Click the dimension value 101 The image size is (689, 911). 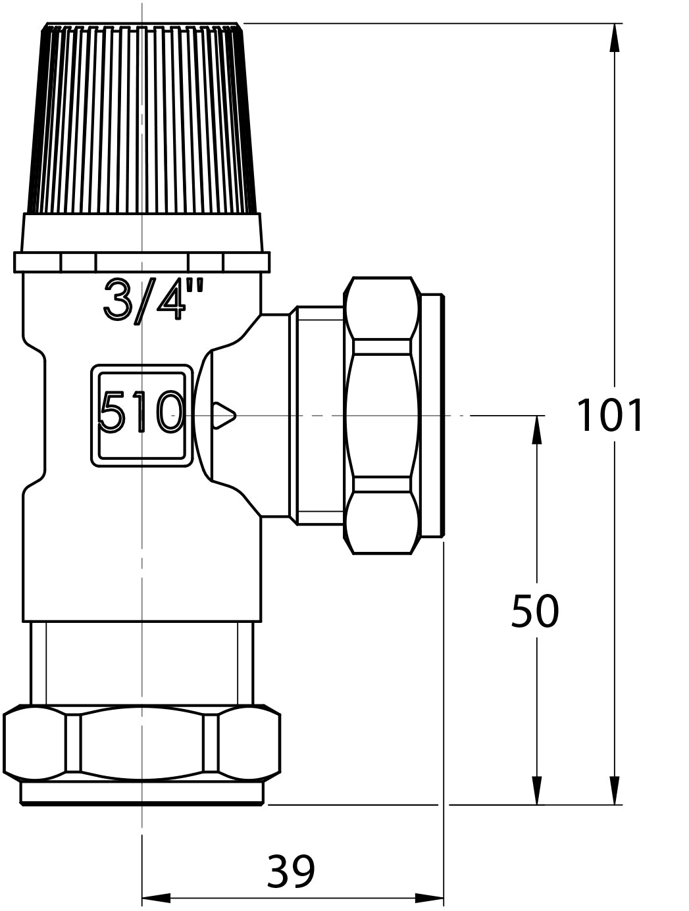click(x=610, y=416)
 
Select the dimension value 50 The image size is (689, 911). click(x=534, y=612)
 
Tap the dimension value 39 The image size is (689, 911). click(x=291, y=872)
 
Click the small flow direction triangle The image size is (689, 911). click(x=224, y=415)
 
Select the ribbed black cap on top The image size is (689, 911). click(x=141, y=118)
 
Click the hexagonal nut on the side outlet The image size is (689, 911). click(x=382, y=415)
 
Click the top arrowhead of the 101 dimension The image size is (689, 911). click(x=615, y=38)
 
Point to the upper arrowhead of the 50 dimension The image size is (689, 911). click(x=537, y=430)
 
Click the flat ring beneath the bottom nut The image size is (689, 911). click(x=141, y=793)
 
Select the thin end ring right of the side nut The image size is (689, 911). click(x=432, y=415)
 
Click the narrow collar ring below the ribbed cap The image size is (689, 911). click(x=141, y=262)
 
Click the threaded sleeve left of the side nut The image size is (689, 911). click(x=319, y=415)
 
